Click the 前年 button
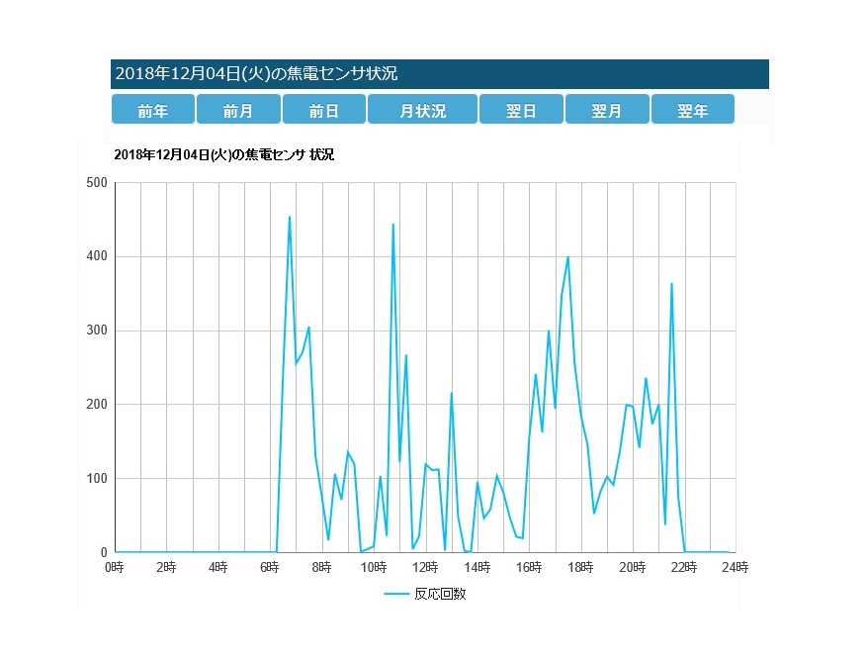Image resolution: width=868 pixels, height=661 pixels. point(152,110)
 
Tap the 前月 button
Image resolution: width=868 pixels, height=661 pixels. point(238,110)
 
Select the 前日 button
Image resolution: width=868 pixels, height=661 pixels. point(323,110)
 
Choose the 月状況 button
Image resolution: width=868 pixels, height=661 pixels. point(422,110)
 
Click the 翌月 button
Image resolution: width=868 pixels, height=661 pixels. point(607,110)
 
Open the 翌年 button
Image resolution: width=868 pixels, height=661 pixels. point(692,110)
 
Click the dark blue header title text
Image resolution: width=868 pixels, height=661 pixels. point(257,73)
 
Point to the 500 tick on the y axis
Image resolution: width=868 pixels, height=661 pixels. point(97,183)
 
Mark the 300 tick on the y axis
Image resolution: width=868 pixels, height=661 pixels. point(97,330)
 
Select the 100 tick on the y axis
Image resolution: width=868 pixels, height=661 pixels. point(97,479)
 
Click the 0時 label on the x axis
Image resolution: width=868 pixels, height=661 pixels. point(115,567)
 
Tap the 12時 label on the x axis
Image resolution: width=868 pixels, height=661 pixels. point(425,567)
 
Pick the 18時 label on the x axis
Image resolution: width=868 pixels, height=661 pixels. point(580,567)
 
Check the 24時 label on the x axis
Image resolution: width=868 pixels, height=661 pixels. point(736,567)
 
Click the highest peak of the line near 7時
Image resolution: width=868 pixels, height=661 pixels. point(290,217)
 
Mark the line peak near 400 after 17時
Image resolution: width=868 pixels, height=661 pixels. point(567,257)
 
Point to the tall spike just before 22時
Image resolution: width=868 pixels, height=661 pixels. point(671,284)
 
